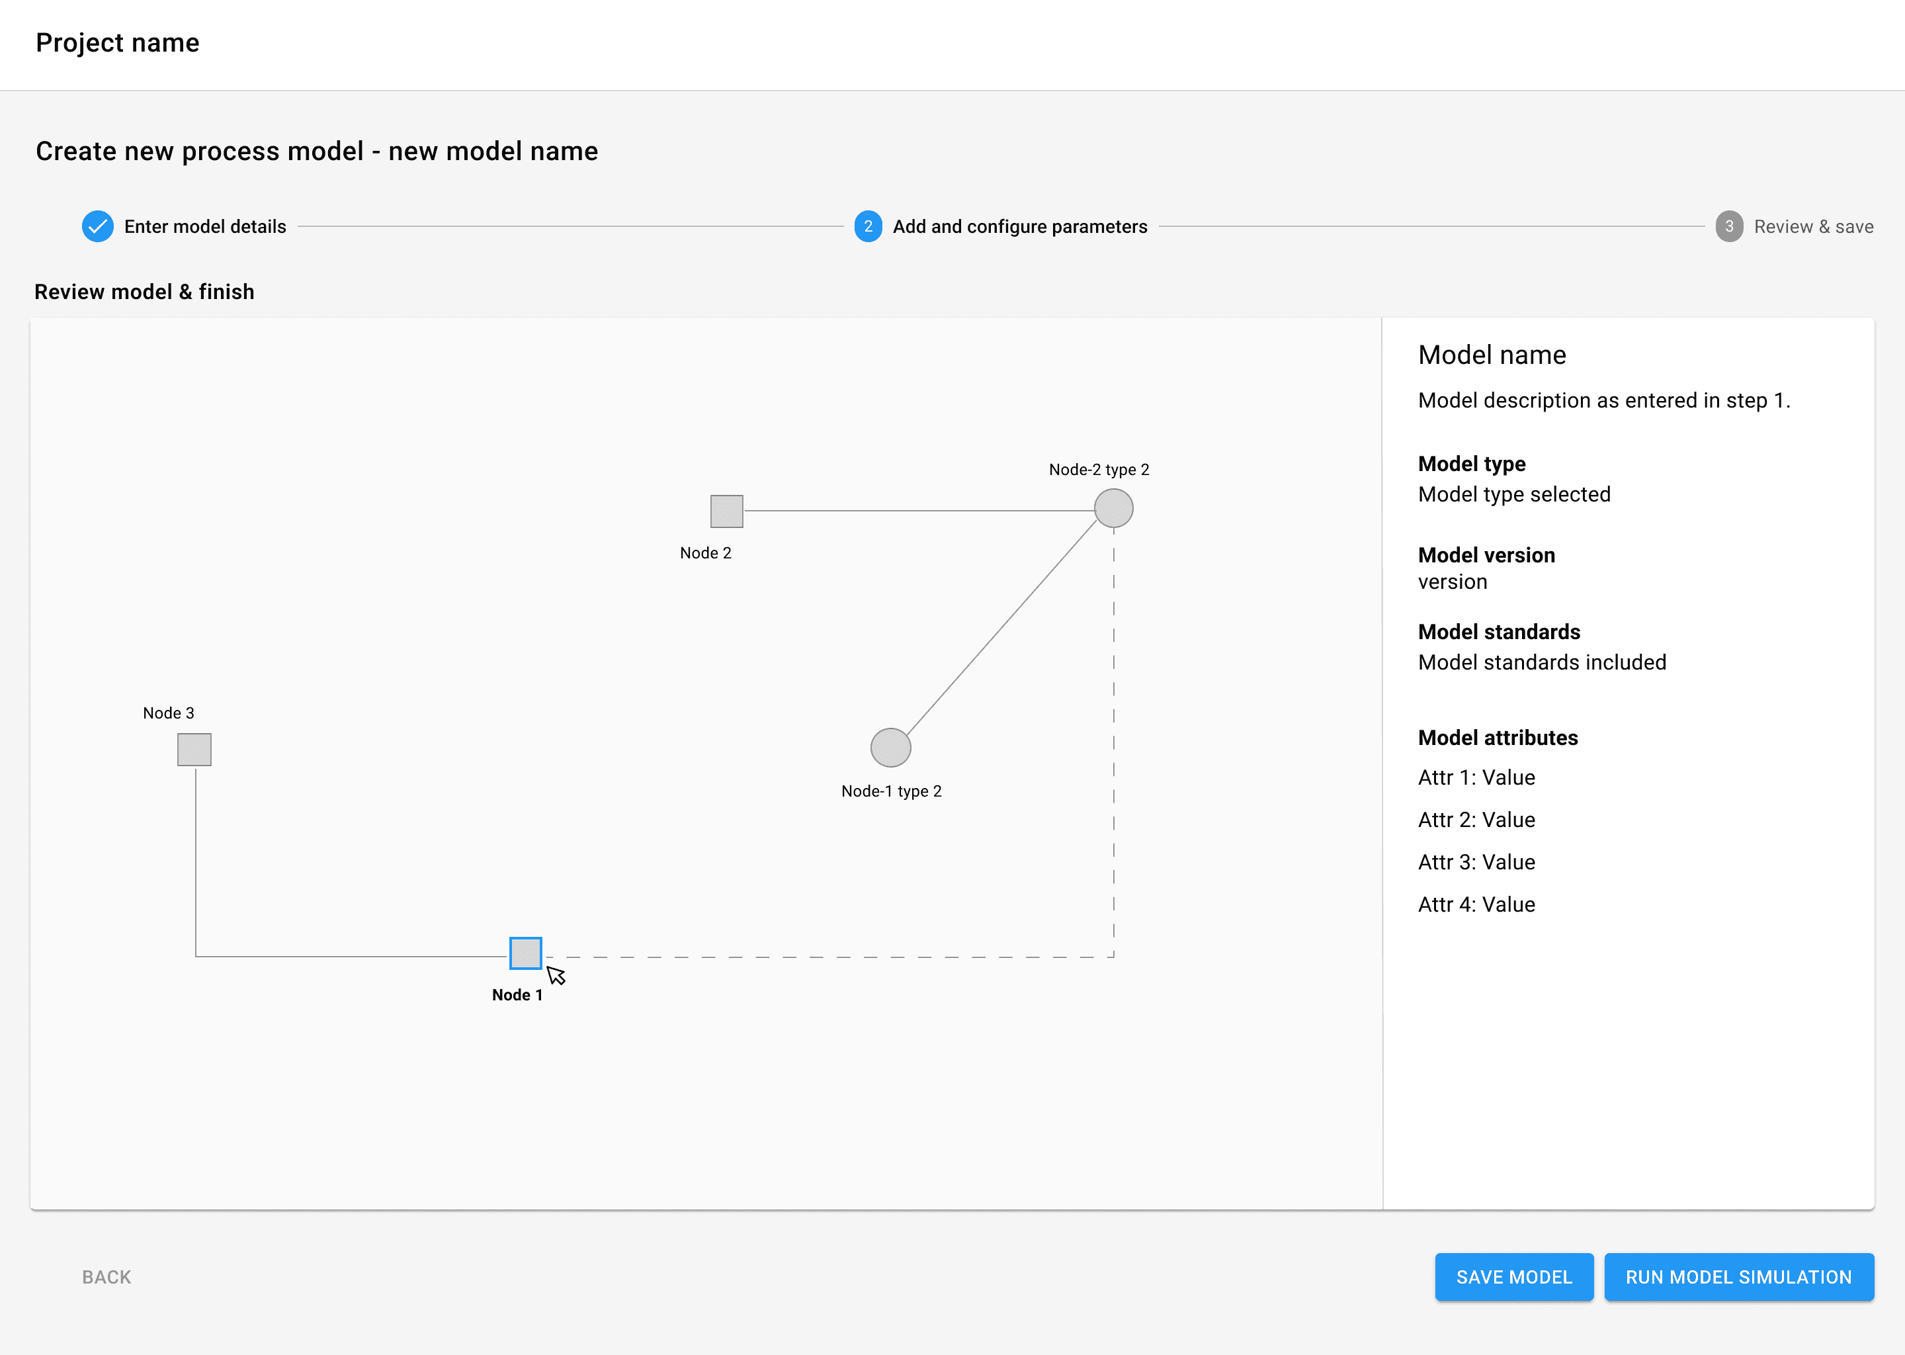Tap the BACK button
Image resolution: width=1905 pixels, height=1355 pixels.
[106, 1278]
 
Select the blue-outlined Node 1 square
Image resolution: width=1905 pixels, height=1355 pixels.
[525, 953]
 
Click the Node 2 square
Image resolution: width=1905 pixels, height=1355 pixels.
[726, 511]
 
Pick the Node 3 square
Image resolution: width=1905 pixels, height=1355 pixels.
[194, 749]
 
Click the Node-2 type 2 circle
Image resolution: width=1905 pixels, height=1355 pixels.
[1113, 508]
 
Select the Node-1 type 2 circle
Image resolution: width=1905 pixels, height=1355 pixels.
[891, 748]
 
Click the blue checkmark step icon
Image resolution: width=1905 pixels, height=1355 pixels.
[98, 226]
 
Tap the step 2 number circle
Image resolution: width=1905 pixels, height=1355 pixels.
[868, 226]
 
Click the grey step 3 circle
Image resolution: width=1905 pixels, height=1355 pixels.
[1729, 226]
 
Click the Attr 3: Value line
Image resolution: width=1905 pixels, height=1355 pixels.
[1476, 862]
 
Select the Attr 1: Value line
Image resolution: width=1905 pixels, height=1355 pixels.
[1476, 777]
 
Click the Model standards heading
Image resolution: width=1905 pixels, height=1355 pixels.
[1499, 632]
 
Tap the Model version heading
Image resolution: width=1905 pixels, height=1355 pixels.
[1486, 555]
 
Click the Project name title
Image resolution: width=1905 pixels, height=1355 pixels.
[118, 42]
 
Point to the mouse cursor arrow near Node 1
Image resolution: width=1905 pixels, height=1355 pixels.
[556, 975]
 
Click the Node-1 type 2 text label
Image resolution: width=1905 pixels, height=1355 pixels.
[892, 791]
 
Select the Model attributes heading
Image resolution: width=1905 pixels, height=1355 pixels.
[1498, 738]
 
